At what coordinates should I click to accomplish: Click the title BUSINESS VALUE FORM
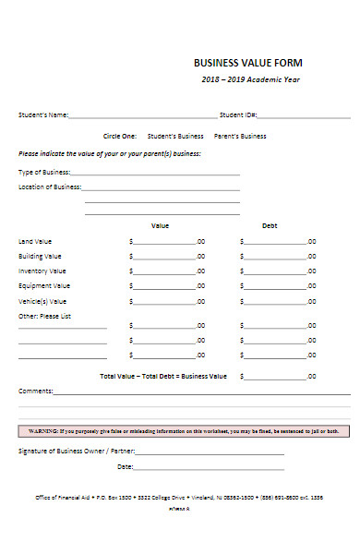point(247,63)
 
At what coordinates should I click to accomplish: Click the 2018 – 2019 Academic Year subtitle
point(251,79)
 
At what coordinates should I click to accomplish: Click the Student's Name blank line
point(143,117)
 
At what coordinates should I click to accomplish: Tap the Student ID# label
point(238,115)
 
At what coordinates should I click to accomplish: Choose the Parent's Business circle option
point(240,136)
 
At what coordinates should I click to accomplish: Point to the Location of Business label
point(50,187)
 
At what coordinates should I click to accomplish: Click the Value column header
point(161,225)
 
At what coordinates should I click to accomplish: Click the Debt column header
point(270,225)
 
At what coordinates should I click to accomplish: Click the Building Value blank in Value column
point(164,258)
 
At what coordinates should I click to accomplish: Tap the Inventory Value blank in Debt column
point(275,272)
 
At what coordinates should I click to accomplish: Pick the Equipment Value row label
point(44,286)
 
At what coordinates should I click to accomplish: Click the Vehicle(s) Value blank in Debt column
point(275,302)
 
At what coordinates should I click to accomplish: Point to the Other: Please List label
point(45,316)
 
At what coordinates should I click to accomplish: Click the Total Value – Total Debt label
point(162,377)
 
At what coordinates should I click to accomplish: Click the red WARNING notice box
point(184,430)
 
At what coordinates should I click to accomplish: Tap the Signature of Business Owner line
point(210,452)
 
